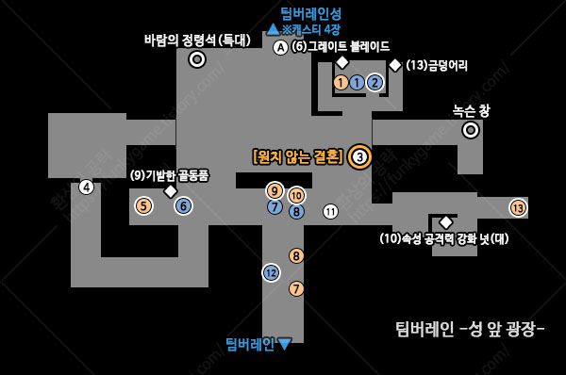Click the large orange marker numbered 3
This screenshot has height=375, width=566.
[359, 156]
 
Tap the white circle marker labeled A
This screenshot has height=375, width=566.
[280, 47]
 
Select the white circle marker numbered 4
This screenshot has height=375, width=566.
[87, 186]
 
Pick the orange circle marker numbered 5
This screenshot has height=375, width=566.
[143, 205]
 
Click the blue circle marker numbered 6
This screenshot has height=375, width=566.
[183, 205]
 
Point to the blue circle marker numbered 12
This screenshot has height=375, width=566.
[271, 272]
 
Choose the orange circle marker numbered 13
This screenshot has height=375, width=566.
[518, 207]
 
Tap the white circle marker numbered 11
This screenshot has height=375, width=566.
[330, 211]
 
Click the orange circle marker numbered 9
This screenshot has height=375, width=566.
[275, 191]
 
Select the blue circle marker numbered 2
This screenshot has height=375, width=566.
[375, 82]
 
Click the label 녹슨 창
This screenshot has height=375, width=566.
[471, 110]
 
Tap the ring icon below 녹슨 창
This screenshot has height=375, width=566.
[471, 130]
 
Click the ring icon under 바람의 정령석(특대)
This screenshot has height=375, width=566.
[197, 59]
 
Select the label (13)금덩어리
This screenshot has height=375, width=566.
[437, 65]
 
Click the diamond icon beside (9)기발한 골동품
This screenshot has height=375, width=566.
[171, 191]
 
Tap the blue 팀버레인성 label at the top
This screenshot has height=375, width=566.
[310, 13]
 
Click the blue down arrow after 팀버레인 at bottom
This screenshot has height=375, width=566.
[285, 344]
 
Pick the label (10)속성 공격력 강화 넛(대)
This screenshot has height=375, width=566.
[443, 238]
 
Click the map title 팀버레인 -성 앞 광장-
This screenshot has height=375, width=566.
[470, 329]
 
